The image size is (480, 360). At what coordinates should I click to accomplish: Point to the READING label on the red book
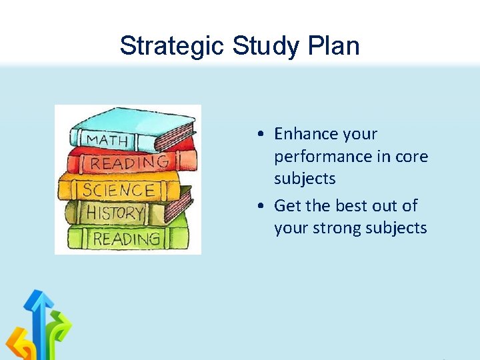tap(129, 163)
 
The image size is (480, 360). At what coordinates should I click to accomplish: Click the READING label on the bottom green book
tap(126, 239)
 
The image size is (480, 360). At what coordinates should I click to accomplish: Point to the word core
tap(411, 157)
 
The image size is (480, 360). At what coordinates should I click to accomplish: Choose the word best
tap(353, 205)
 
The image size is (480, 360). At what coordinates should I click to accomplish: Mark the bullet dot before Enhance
tap(265, 135)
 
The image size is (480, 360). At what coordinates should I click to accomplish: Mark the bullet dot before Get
tap(265, 206)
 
